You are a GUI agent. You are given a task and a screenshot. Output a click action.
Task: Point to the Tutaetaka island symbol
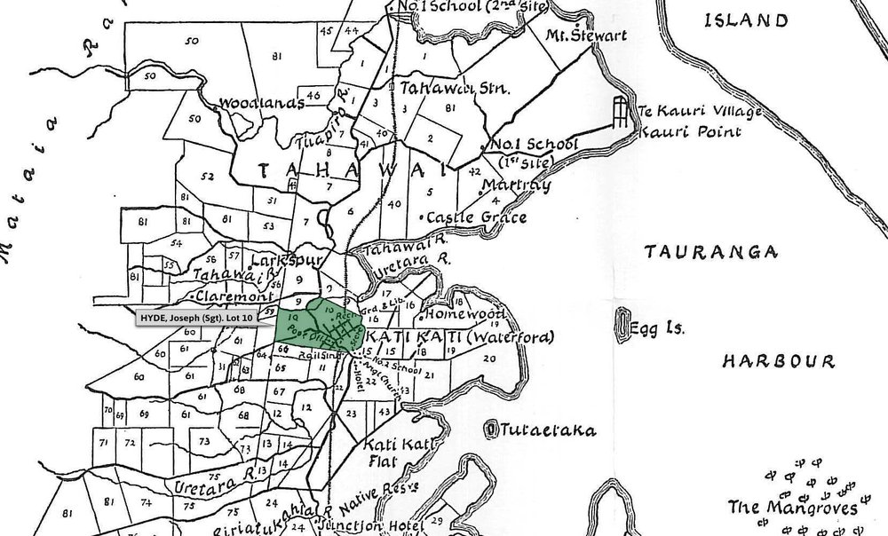point(491,430)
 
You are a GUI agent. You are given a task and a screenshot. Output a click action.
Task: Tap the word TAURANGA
point(701,252)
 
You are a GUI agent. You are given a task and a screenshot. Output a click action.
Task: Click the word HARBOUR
point(778,361)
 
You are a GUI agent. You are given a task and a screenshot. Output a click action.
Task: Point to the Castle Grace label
point(477,217)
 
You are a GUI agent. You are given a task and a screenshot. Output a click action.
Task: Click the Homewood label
point(466,314)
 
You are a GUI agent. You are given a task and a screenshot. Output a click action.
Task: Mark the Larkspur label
point(278,262)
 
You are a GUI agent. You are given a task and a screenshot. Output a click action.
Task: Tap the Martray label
point(515,185)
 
